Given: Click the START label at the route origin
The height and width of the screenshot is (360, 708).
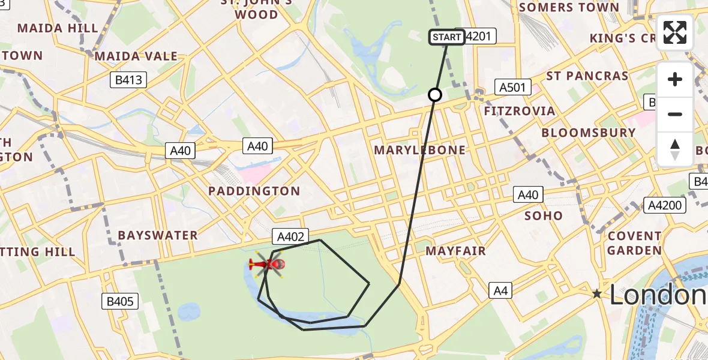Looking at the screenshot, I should [447, 37].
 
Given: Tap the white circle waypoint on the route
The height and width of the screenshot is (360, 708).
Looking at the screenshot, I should [435, 95].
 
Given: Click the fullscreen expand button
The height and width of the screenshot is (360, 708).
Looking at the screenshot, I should [675, 32].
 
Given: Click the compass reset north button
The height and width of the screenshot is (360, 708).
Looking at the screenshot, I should [675, 149].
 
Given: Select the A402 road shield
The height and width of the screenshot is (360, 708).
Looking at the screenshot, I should [292, 236].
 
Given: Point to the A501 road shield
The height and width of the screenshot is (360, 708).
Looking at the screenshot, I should [512, 88].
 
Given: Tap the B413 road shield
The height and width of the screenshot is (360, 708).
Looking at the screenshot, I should [129, 80].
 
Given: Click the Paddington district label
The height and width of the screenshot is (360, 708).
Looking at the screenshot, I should [254, 191].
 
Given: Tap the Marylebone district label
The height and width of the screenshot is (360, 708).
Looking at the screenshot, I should [419, 150].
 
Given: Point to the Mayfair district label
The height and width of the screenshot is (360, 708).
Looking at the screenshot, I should [455, 251].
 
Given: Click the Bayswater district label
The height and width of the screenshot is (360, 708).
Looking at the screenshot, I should [158, 235].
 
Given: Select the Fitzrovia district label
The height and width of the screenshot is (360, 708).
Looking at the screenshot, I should [520, 112].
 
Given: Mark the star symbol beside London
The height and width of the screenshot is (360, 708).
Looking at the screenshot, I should [596, 294].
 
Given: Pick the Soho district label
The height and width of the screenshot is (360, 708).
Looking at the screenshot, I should [544, 215].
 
